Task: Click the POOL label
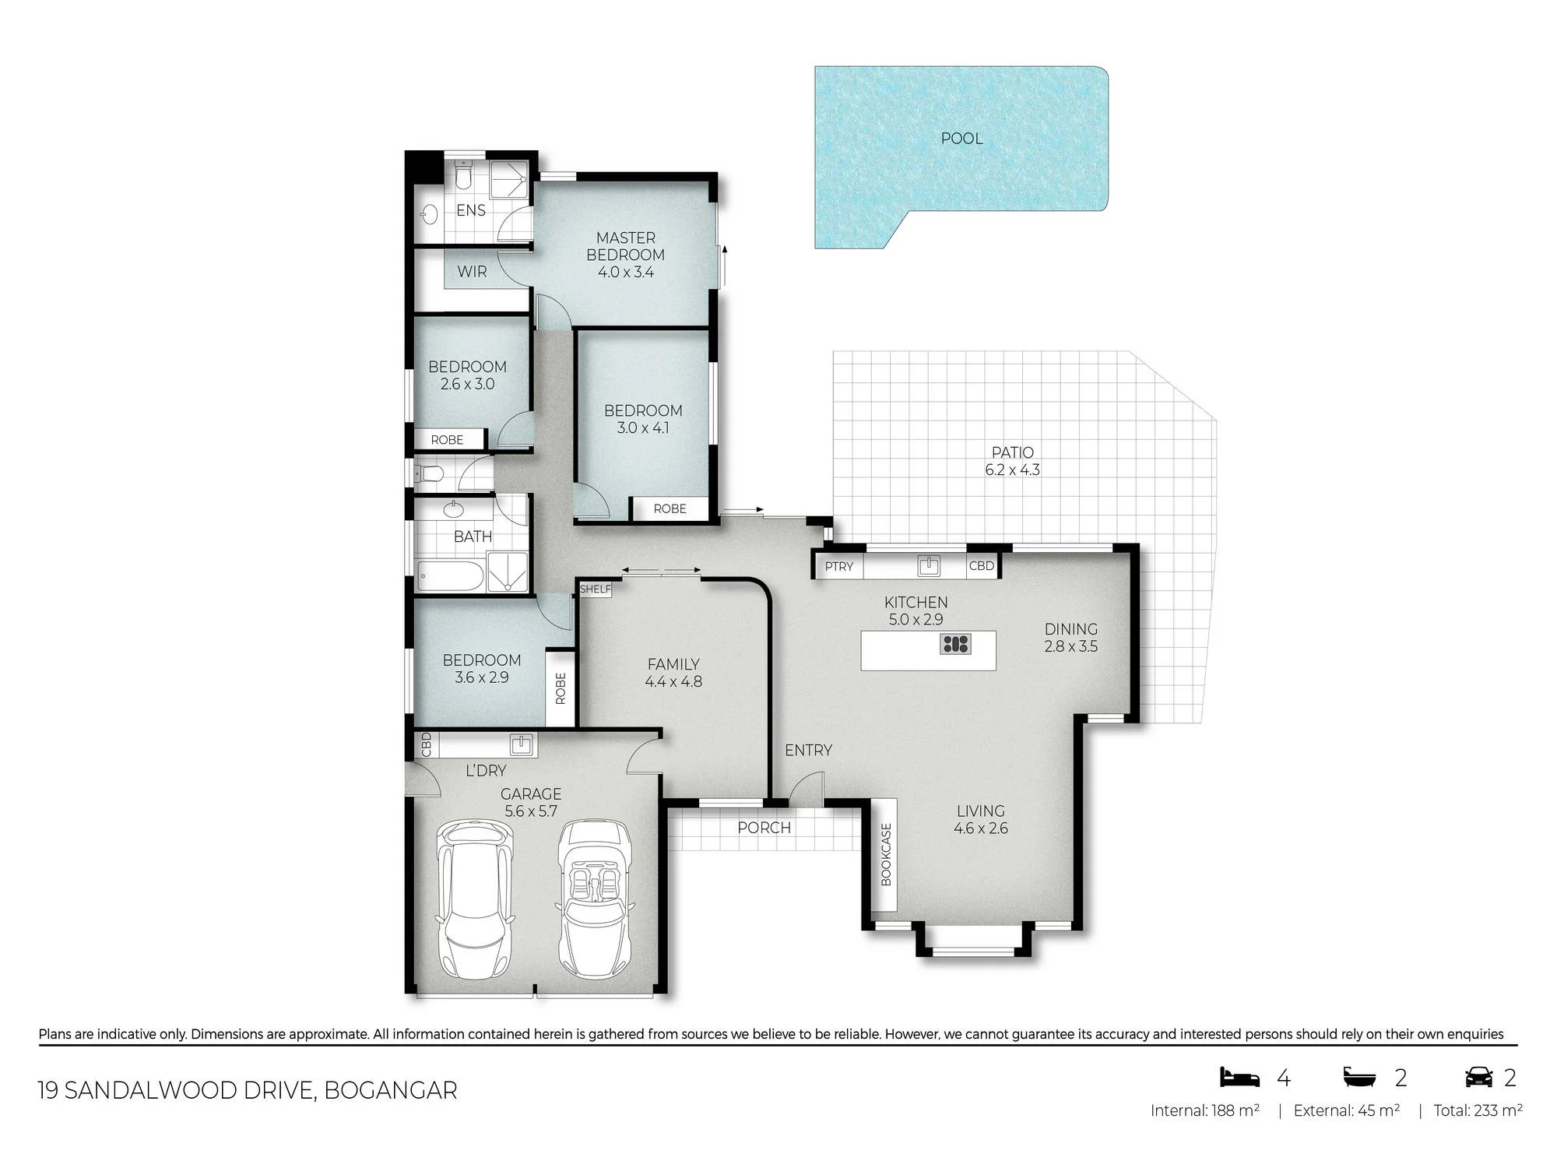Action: pos(961,139)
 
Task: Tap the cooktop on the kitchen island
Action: pos(955,644)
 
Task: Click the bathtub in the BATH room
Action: pos(451,576)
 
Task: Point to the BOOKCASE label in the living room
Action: pos(886,855)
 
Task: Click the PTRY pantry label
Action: pos(839,567)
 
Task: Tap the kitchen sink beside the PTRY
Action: pos(929,565)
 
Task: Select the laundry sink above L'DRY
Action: pos(522,745)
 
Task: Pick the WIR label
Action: pos(472,272)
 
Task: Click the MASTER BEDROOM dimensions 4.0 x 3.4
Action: pos(626,273)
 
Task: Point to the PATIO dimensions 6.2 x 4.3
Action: pos(1012,470)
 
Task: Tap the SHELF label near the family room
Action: pos(596,589)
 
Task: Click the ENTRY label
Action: pos(808,750)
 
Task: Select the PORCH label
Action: pos(764,828)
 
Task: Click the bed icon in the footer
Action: pos(1239,1077)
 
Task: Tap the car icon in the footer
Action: pos(1479,1077)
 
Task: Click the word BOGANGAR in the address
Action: pos(391,1090)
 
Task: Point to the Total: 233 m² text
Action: pos(1478,1111)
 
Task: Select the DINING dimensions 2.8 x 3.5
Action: pos(1071,646)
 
